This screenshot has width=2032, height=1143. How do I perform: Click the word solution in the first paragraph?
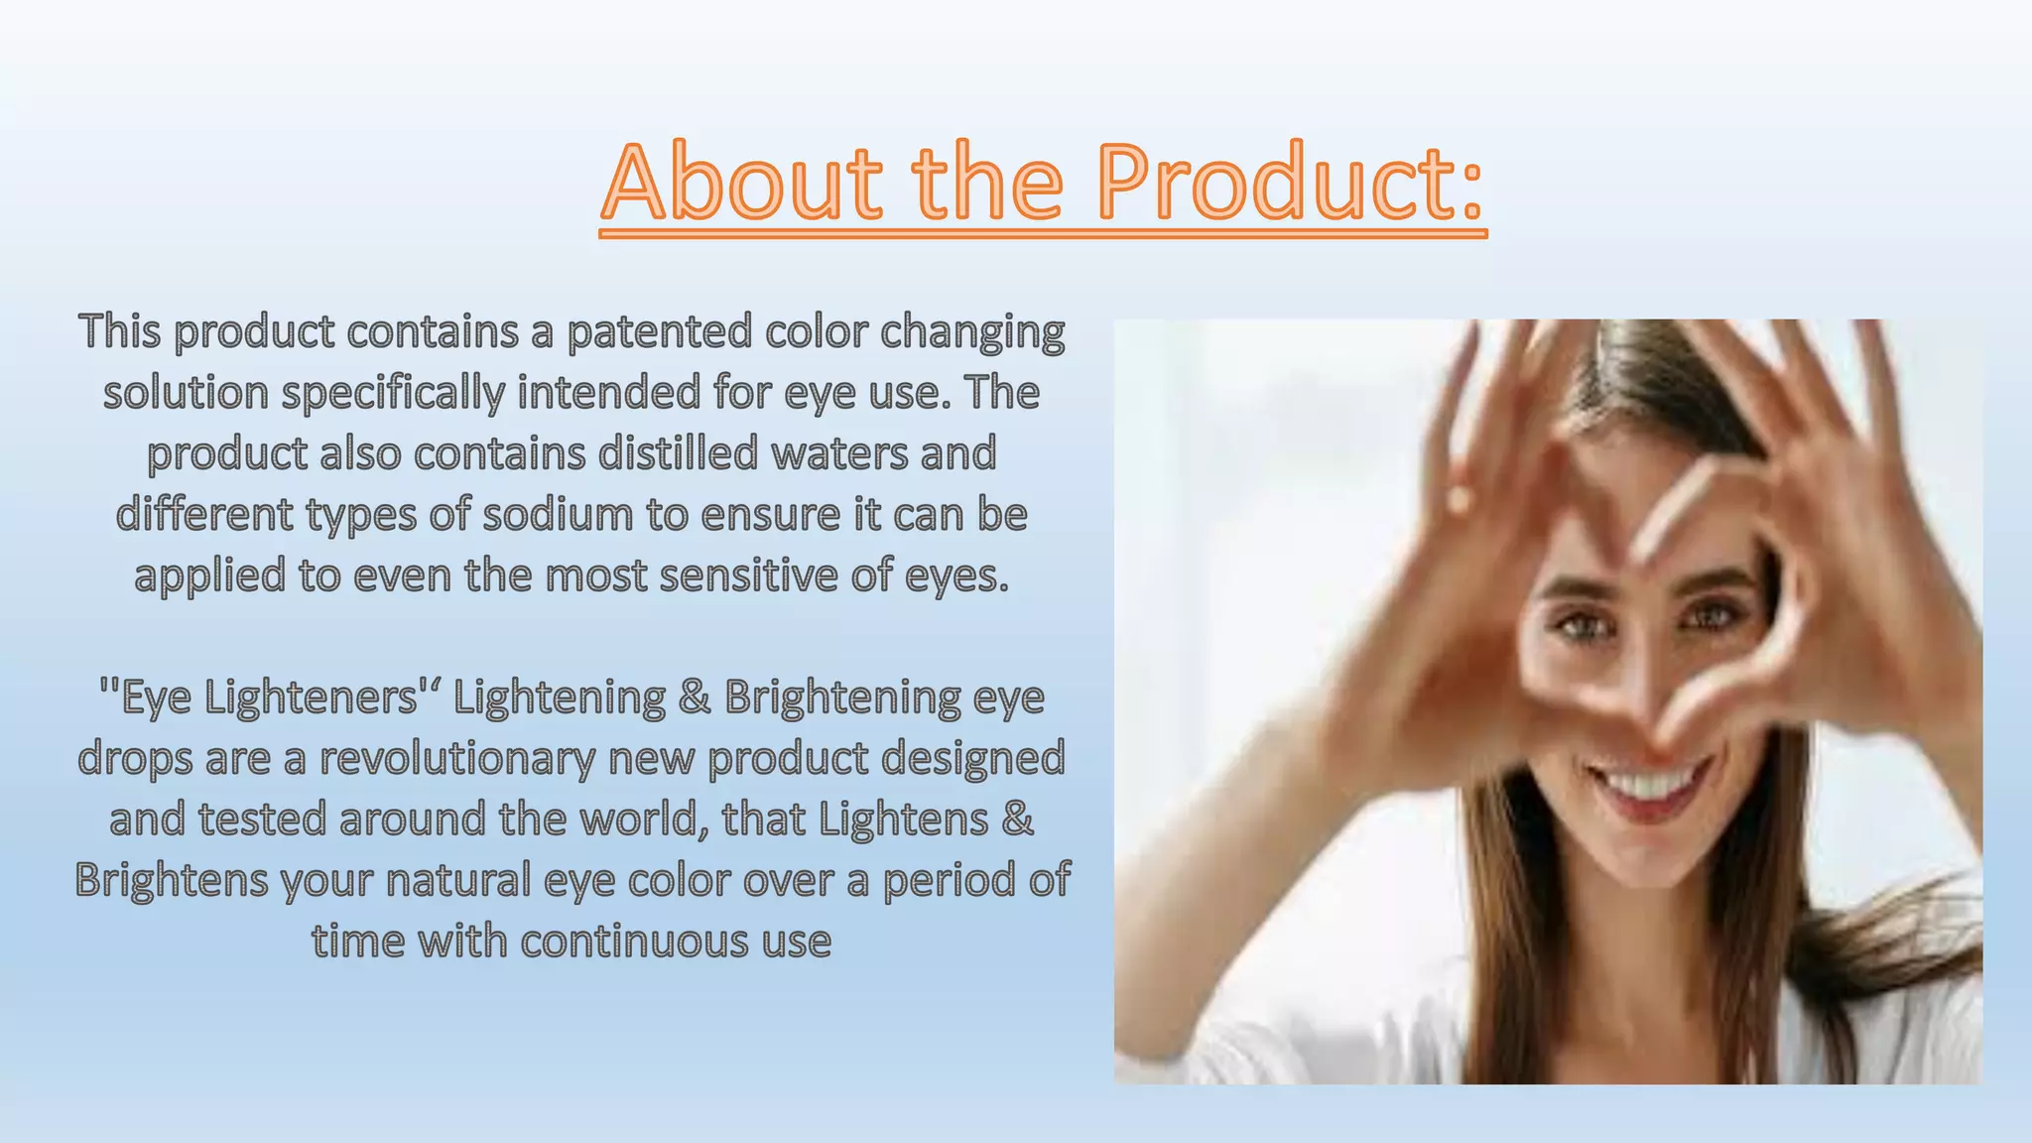[x=187, y=392]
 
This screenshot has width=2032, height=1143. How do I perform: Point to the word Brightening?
[x=842, y=698]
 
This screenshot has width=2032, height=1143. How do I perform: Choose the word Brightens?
[x=172, y=880]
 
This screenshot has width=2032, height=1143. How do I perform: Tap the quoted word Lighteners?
[x=312, y=698]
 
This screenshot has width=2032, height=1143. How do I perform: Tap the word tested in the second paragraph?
[x=262, y=820]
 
